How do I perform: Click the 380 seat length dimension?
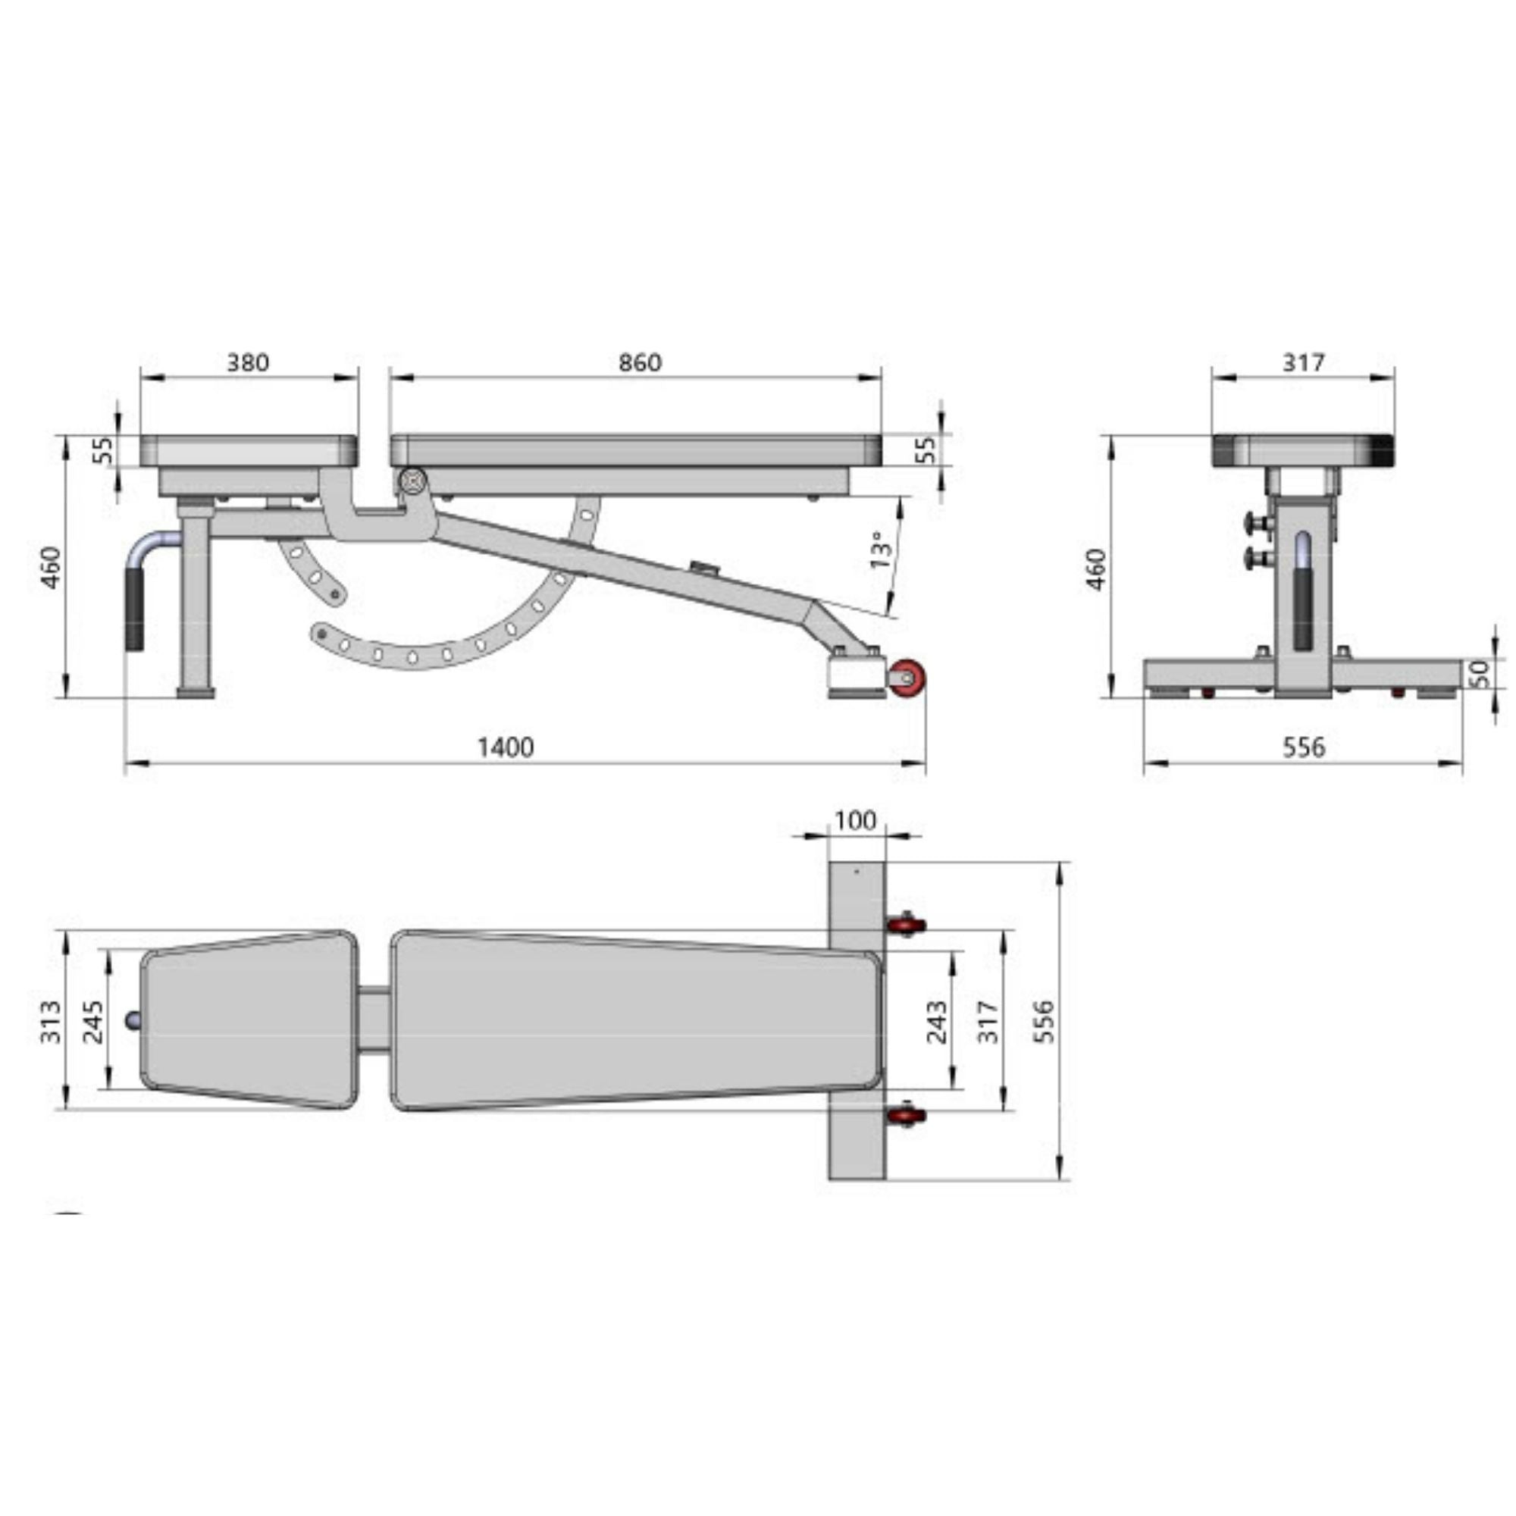247,362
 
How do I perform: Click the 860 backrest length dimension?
640,362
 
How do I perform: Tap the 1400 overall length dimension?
506,747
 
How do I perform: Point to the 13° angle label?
882,550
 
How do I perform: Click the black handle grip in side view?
136,608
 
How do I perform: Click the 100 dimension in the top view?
854,821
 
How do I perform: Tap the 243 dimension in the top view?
937,1021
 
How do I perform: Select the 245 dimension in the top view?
92,1021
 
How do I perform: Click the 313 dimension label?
51,1021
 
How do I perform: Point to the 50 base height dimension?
1478,673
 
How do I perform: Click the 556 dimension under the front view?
1303,747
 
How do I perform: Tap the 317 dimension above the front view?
1303,362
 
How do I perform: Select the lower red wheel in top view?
907,1115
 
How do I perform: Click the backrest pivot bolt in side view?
412,481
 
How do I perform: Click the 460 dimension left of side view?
51,567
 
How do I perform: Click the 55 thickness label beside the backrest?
927,449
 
